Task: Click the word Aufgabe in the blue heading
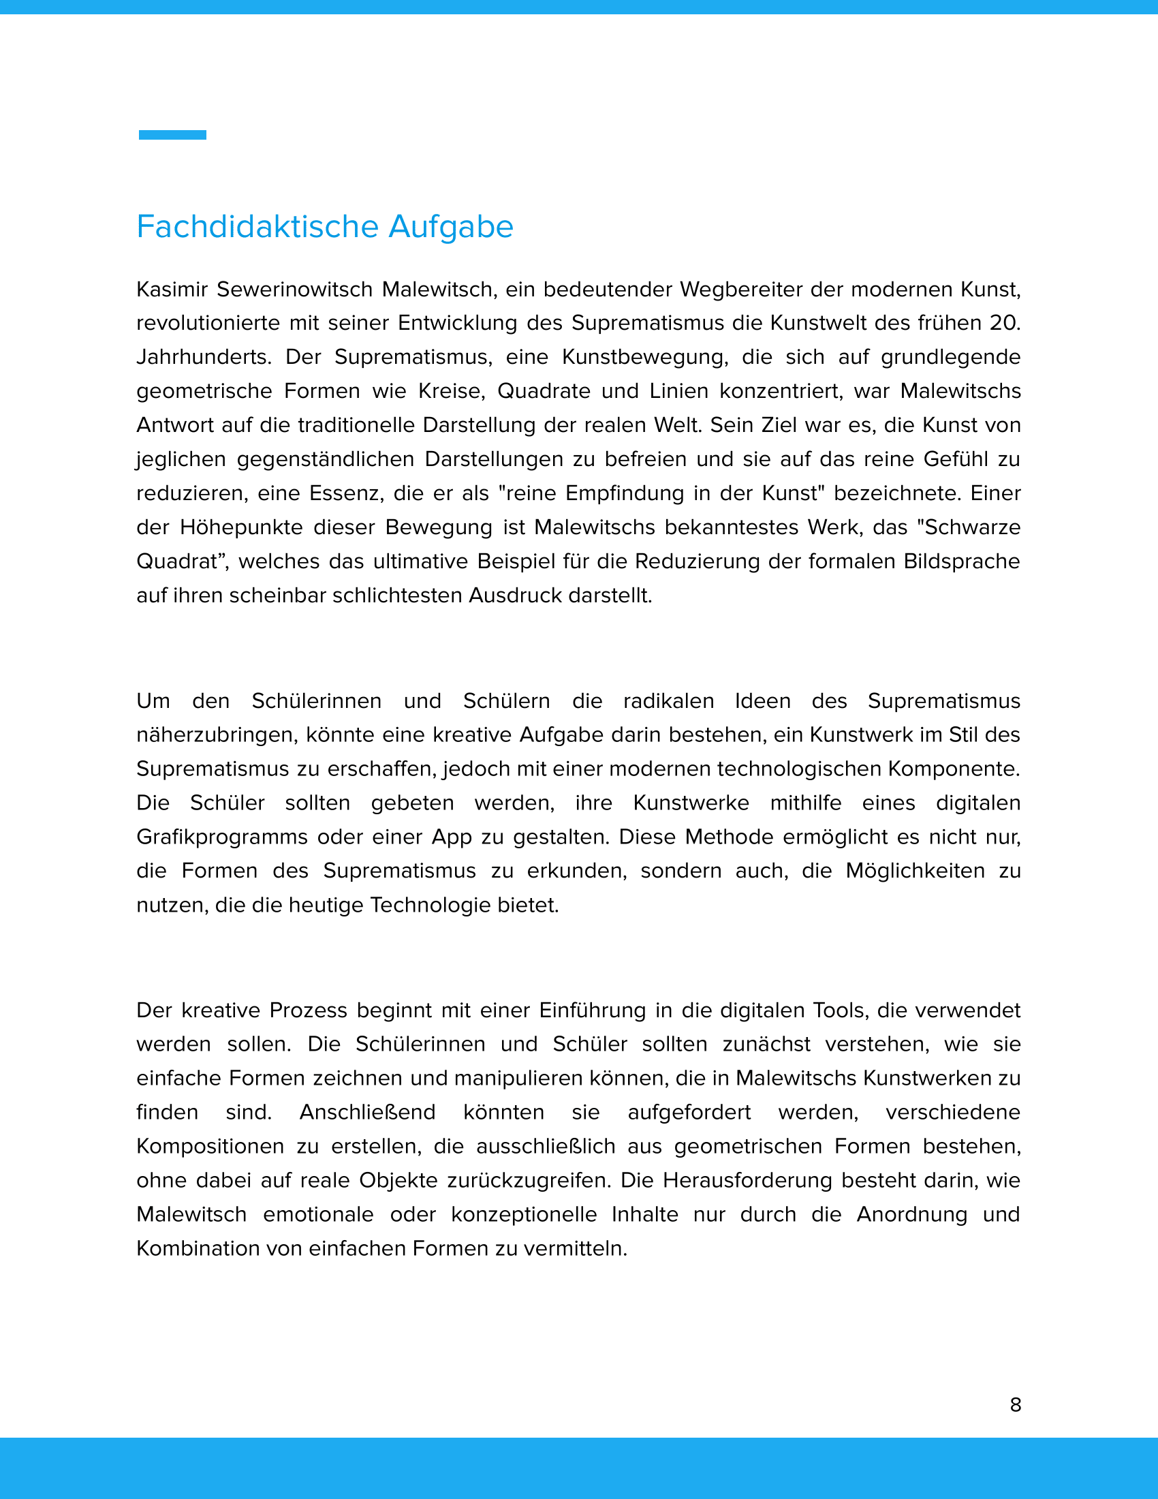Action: [x=451, y=227]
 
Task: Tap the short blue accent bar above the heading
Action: [x=172, y=135]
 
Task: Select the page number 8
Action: [x=1016, y=1404]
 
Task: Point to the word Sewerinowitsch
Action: [x=295, y=290]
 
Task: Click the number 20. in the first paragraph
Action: [x=1004, y=323]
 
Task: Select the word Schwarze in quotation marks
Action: [x=972, y=528]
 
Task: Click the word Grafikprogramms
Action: [x=221, y=837]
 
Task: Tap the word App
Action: [x=451, y=837]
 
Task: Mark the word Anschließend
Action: [x=367, y=1113]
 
